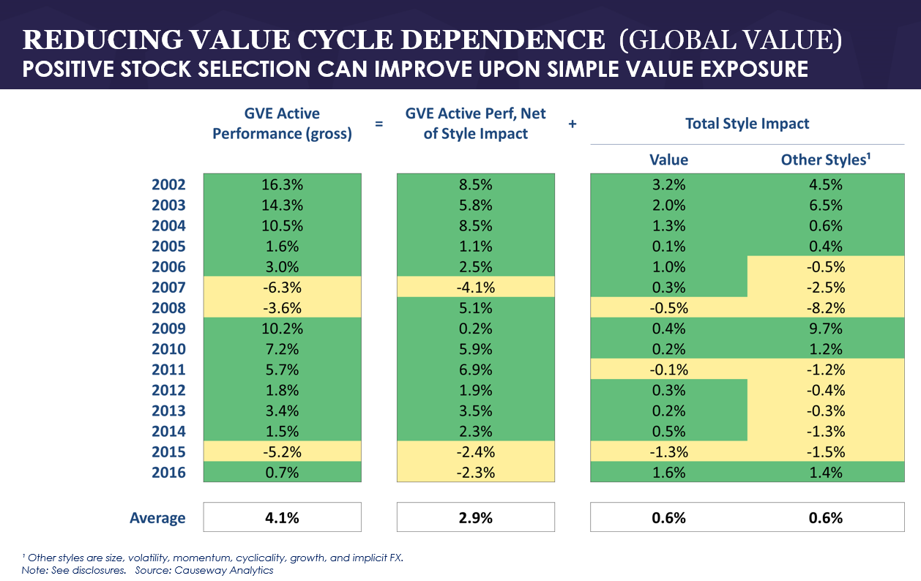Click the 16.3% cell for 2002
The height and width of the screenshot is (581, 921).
[x=282, y=184]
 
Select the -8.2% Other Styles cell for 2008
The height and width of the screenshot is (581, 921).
[x=824, y=308]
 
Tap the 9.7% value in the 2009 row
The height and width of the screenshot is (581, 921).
[x=824, y=329]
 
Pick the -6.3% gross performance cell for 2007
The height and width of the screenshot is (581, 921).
[x=282, y=288]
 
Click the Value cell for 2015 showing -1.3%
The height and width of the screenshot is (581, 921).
[x=668, y=451]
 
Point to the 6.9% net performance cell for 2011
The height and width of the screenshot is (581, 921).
[x=475, y=370]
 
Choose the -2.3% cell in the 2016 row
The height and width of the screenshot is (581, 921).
[x=475, y=472]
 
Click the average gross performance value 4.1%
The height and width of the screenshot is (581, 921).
[x=282, y=517]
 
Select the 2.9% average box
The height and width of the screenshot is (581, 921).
[x=475, y=517]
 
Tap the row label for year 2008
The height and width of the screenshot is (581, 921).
[x=168, y=308]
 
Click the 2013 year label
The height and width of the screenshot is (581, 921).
[x=168, y=411]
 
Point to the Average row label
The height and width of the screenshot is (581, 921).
[x=157, y=518]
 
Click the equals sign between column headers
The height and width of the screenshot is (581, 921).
[x=379, y=124]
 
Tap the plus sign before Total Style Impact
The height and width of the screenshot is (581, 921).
[x=573, y=124]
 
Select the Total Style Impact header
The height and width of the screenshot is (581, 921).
[x=747, y=124]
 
